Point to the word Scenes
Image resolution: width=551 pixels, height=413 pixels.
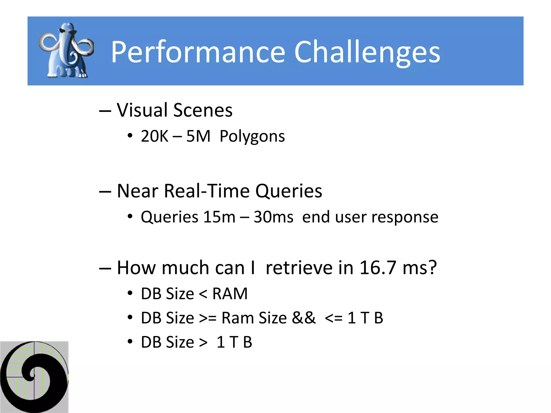[x=203, y=110]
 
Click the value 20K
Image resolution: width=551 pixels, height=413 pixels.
[x=154, y=136]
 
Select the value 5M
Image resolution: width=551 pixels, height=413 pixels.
[x=198, y=136]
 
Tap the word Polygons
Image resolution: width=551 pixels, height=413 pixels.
[x=252, y=137]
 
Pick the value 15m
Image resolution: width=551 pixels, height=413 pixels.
[x=219, y=217]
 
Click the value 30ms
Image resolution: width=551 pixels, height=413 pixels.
[x=273, y=217]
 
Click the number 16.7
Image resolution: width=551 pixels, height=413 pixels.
[x=378, y=268]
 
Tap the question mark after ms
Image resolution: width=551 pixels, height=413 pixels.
[x=432, y=268]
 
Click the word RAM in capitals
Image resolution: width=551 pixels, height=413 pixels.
[x=230, y=293]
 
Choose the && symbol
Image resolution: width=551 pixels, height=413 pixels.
[x=304, y=318]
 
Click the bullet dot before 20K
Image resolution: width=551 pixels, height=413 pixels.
[x=130, y=136]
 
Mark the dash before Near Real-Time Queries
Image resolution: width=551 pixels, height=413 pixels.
[x=105, y=191]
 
